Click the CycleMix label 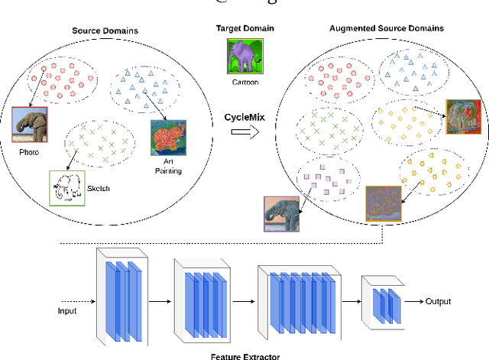coord(244,118)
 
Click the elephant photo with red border coord(29,125)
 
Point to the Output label coord(438,301)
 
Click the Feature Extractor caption coord(244,354)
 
